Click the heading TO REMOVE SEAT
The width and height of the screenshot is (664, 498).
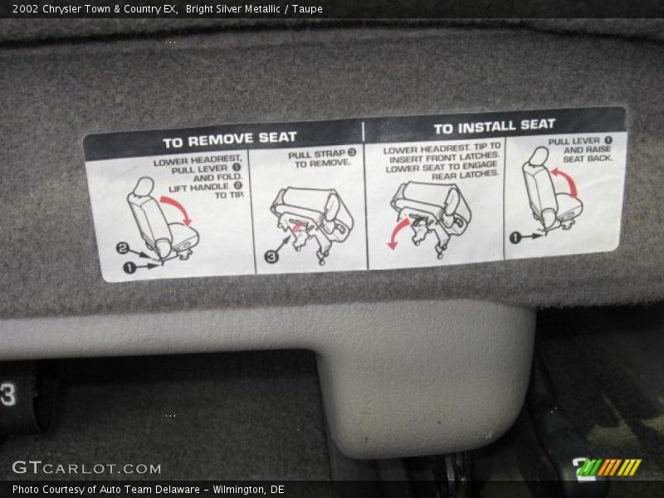point(230,139)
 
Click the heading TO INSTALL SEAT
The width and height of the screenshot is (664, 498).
point(494,126)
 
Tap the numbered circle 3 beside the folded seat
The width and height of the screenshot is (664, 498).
point(271,256)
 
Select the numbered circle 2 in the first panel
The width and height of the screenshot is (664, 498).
point(122,248)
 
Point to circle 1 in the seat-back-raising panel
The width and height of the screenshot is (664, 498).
point(515,238)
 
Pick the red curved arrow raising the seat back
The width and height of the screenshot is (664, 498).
point(566,181)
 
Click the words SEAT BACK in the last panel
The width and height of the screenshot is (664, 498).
point(588,159)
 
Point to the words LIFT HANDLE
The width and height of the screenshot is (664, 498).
point(198,188)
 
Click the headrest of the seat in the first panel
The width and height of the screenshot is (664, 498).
point(144,187)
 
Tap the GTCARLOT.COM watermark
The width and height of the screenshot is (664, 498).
point(87,467)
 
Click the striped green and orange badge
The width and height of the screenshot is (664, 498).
point(609,467)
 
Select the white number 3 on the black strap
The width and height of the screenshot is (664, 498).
point(8,395)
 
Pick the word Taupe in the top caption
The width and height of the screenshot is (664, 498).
point(307,9)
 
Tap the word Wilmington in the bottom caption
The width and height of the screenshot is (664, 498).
point(237,490)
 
